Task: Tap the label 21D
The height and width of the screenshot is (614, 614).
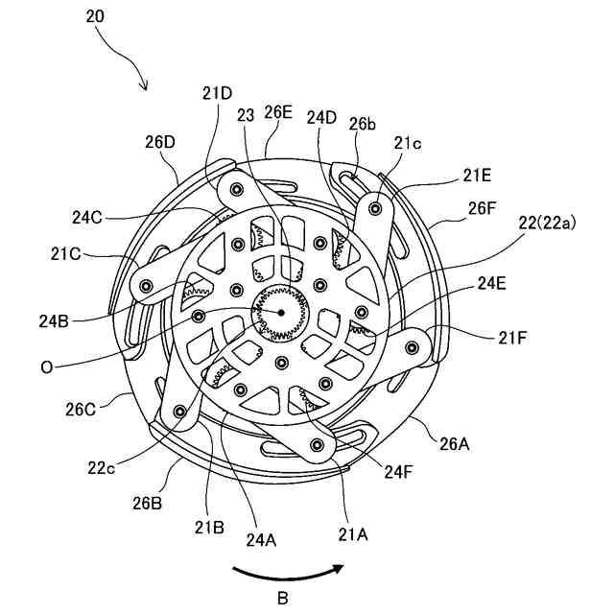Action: (x=217, y=94)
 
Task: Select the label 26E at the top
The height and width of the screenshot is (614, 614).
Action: (x=278, y=112)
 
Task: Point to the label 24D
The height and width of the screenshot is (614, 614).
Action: (x=323, y=118)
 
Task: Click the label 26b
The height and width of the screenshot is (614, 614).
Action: (x=363, y=124)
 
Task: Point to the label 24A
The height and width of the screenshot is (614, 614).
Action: (x=262, y=539)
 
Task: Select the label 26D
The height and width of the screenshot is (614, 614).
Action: (x=160, y=142)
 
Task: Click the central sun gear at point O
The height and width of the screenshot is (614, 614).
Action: (x=280, y=313)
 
